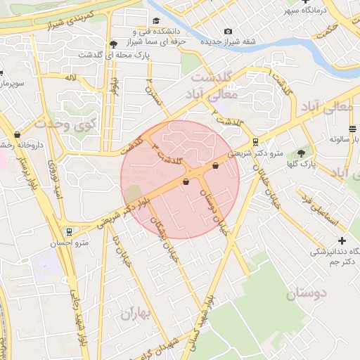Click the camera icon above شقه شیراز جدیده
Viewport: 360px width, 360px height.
click(228, 32)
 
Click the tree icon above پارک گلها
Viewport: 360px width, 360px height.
click(302, 153)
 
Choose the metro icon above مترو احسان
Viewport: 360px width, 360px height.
click(68, 231)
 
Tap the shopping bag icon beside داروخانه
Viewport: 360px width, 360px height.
click(16, 134)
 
